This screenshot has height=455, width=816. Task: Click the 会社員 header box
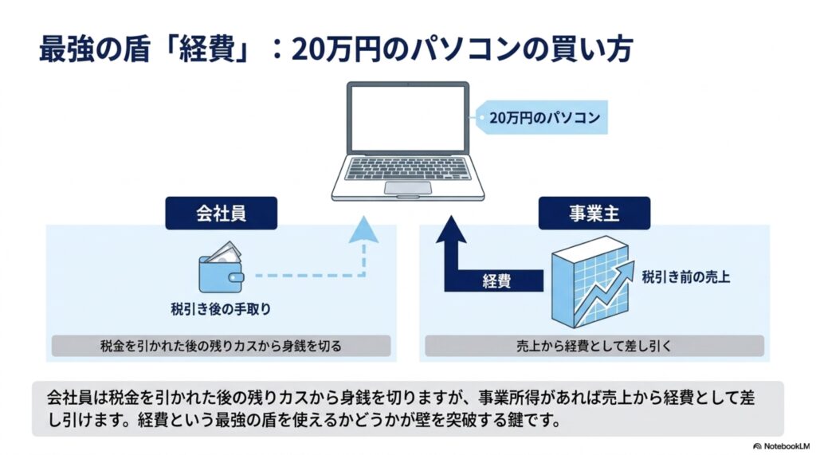pyautogui.click(x=222, y=213)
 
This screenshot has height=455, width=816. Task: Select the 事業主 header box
pyautogui.click(x=594, y=213)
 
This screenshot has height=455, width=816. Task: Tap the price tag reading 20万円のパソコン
pyautogui.click(x=542, y=118)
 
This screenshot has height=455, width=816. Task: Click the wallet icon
pyautogui.click(x=222, y=267)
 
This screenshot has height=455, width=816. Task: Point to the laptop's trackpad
pyautogui.click(x=408, y=188)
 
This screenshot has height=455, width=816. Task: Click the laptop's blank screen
pyautogui.click(x=408, y=118)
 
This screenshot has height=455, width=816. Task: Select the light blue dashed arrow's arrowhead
pyautogui.click(x=363, y=230)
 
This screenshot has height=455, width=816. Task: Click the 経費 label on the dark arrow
pyautogui.click(x=496, y=281)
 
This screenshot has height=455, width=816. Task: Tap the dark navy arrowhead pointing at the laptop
pyautogui.click(x=451, y=229)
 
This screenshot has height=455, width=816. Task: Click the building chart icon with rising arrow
pyautogui.click(x=592, y=281)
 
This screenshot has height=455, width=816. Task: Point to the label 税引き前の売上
pyautogui.click(x=685, y=277)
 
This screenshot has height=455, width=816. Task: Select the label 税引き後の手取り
pyautogui.click(x=222, y=309)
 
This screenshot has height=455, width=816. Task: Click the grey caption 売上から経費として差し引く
pyautogui.click(x=594, y=346)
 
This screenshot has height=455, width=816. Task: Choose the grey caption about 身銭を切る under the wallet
pyautogui.click(x=222, y=346)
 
